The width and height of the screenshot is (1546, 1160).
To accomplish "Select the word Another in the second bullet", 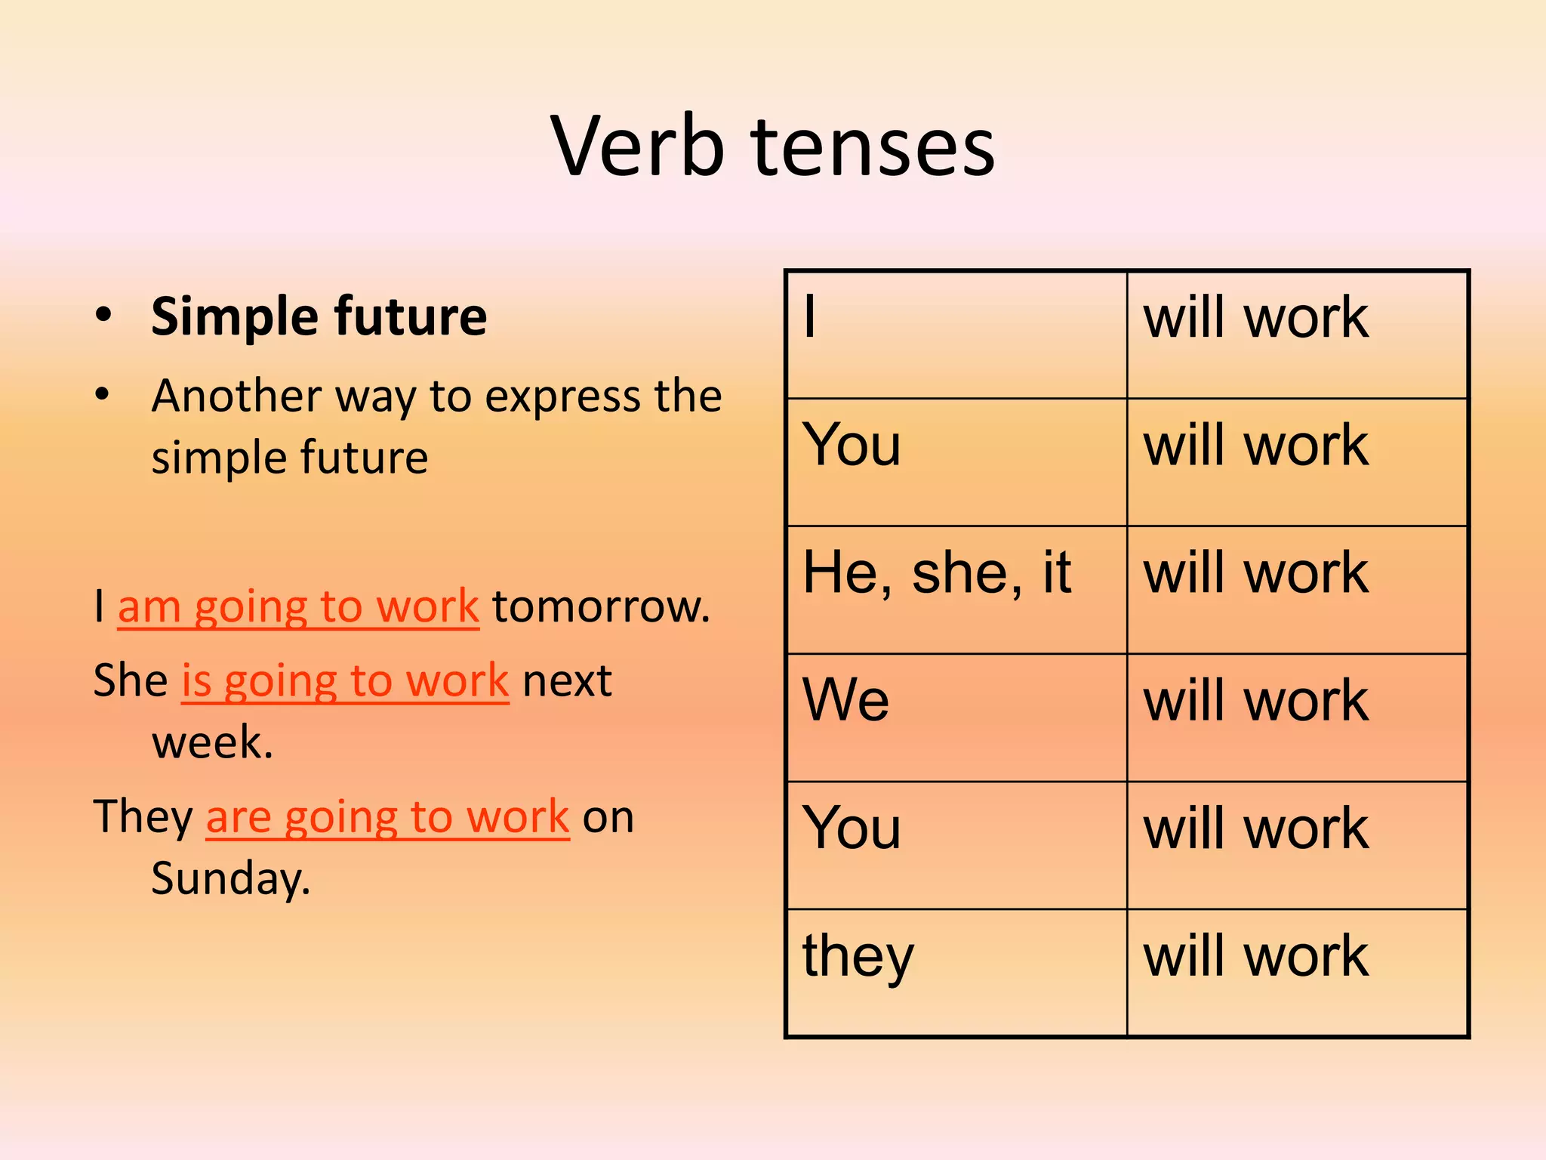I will (236, 396).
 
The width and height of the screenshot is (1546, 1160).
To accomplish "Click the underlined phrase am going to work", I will (298, 606).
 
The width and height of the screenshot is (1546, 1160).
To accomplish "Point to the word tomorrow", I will (601, 606).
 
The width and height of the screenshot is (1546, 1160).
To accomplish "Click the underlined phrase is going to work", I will (345, 681).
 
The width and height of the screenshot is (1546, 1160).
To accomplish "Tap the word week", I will (212, 742).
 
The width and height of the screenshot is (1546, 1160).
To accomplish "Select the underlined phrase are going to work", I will (387, 817).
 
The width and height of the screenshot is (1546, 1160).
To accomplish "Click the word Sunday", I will (230, 878).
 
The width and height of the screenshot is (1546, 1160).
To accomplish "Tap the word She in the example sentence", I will (131, 681).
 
